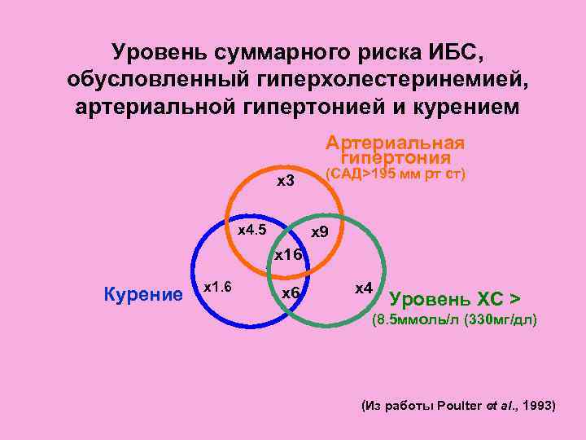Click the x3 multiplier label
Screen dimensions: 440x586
(x=286, y=180)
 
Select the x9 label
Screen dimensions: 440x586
(x=320, y=233)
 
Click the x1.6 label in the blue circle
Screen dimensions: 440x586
(x=217, y=287)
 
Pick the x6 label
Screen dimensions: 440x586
(x=291, y=293)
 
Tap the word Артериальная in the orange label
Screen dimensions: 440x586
(x=395, y=143)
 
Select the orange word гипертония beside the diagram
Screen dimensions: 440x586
(x=396, y=157)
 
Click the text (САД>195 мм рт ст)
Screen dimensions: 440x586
(x=395, y=174)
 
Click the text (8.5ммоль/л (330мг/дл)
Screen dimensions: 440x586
(x=454, y=319)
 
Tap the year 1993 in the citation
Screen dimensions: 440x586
(x=537, y=404)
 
